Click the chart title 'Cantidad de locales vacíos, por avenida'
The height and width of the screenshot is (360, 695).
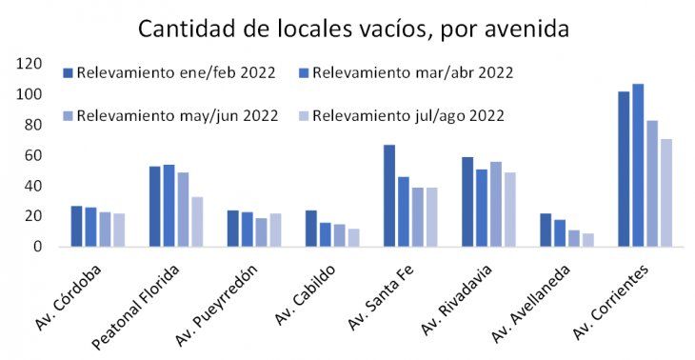pyautogui.click(x=353, y=29)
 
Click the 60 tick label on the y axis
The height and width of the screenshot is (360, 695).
pyautogui.click(x=33, y=155)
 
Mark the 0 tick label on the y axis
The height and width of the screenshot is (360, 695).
pyautogui.click(x=38, y=247)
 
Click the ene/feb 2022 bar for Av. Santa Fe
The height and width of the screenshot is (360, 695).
pyautogui.click(x=389, y=195)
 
